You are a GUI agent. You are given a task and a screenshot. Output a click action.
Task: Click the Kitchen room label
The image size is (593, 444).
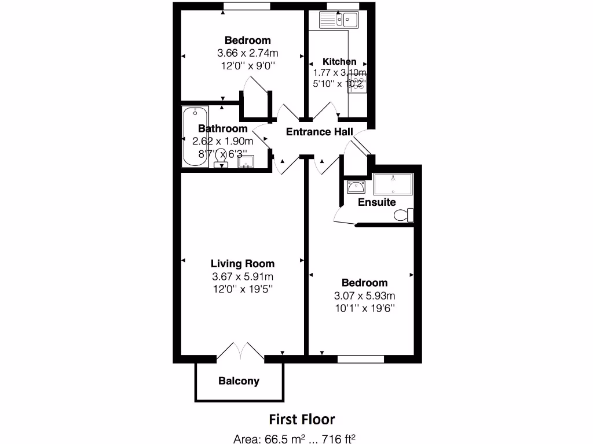click(339, 61)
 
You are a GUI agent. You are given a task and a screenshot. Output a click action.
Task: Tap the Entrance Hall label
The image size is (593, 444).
click(319, 132)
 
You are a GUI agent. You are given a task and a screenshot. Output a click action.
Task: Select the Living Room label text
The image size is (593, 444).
click(243, 264)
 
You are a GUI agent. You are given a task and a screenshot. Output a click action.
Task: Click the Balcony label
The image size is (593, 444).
click(239, 381)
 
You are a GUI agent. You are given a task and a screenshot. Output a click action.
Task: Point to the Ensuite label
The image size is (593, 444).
click(377, 202)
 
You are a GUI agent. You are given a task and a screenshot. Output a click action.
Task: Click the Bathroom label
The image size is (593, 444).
click(222, 128)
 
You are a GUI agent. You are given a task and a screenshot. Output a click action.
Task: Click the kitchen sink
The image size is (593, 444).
click(340, 20)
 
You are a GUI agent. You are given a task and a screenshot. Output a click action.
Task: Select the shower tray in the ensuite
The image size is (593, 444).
click(393, 184)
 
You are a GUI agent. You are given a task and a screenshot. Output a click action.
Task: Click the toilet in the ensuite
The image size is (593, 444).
click(404, 215)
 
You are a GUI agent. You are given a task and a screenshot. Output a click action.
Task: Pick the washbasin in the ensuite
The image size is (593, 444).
click(355, 187)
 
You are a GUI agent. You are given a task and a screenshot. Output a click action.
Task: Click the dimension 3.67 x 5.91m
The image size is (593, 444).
click(243, 276)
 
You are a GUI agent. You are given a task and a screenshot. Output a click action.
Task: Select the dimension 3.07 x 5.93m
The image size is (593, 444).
click(364, 295)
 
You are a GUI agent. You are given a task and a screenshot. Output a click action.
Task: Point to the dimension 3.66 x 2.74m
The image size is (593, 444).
click(247, 53)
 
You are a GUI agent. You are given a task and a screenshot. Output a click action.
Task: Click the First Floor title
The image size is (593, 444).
click(302, 419)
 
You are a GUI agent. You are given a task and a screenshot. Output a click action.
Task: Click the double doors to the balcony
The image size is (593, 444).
click(240, 352)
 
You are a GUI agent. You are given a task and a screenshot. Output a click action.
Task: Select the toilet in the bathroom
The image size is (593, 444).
click(221, 157)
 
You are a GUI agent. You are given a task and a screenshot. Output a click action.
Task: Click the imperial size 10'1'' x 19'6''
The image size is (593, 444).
click(364, 308)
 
